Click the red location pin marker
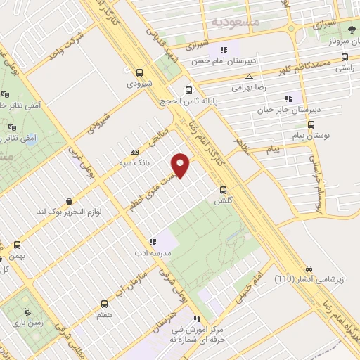pyautogui.click(x=181, y=164)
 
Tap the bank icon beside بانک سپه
pyautogui.click(x=134, y=152)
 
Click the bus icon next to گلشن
pyautogui.click(x=223, y=189)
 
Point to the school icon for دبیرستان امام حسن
pyautogui.click(x=224, y=50)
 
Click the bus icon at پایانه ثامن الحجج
pyautogui.click(x=188, y=90)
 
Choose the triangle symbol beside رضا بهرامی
pyautogui.click(x=249, y=77)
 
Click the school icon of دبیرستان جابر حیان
pyautogui.click(x=288, y=99)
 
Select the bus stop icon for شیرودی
pyautogui.click(x=139, y=72)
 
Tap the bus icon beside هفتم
pyautogui.click(x=105, y=304)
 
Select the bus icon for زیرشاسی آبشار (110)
pyautogui.click(x=309, y=269)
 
